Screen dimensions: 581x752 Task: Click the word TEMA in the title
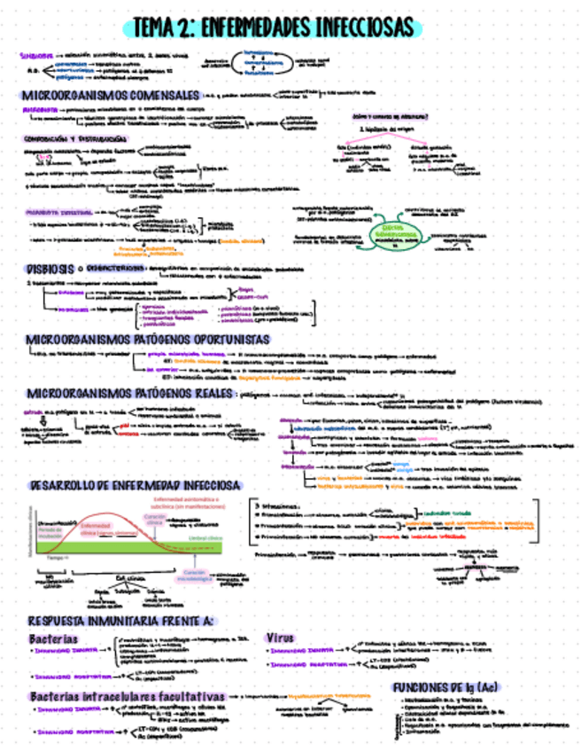pos(159,28)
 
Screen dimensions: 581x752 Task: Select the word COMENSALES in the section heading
pos(157,94)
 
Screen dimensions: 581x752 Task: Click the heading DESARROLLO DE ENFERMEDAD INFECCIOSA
pos(133,485)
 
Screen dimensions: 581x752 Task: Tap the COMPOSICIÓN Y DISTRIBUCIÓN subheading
pos(59,138)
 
